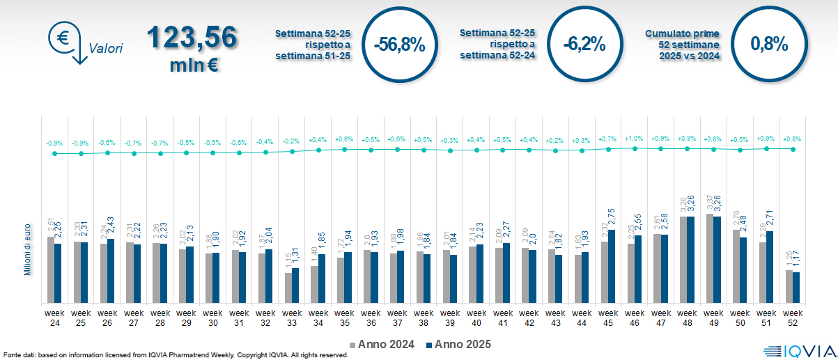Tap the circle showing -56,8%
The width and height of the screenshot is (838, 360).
(x=398, y=45)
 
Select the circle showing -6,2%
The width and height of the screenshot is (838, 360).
(x=584, y=45)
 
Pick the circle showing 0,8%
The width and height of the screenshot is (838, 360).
(x=769, y=45)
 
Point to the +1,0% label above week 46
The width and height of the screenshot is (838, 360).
(x=635, y=139)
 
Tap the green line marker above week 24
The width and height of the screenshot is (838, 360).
(x=55, y=153)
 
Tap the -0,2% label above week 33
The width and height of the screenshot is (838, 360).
(x=292, y=141)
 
